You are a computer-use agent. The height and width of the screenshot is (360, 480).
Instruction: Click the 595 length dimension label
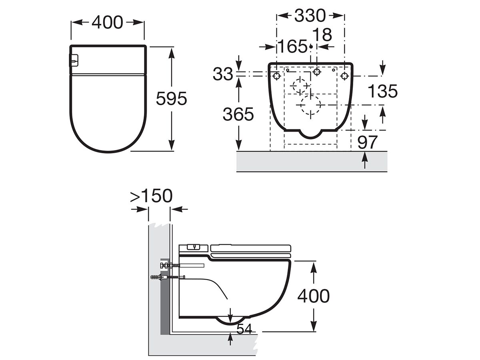(171, 99)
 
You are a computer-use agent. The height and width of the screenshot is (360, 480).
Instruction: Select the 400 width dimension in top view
(107, 22)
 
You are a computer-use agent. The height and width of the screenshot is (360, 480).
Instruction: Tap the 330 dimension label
(310, 16)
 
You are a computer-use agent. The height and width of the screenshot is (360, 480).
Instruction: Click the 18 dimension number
(322, 35)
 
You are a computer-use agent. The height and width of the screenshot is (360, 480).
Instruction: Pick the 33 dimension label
(223, 74)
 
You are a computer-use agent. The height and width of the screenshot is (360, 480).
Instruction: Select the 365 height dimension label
(238, 115)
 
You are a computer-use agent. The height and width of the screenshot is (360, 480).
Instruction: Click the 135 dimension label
(382, 92)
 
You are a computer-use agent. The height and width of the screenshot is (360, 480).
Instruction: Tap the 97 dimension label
(367, 142)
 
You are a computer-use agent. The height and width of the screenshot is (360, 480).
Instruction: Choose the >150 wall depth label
(152, 196)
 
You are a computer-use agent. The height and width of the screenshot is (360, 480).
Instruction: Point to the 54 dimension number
(244, 329)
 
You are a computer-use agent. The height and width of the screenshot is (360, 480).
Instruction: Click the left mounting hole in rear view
(276, 76)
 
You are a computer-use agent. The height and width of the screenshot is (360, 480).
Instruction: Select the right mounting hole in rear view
(344, 76)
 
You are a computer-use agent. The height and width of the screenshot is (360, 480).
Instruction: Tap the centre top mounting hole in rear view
(317, 72)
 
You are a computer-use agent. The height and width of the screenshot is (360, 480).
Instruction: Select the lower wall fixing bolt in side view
(168, 277)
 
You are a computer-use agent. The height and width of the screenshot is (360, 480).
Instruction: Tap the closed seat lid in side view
(251, 246)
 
